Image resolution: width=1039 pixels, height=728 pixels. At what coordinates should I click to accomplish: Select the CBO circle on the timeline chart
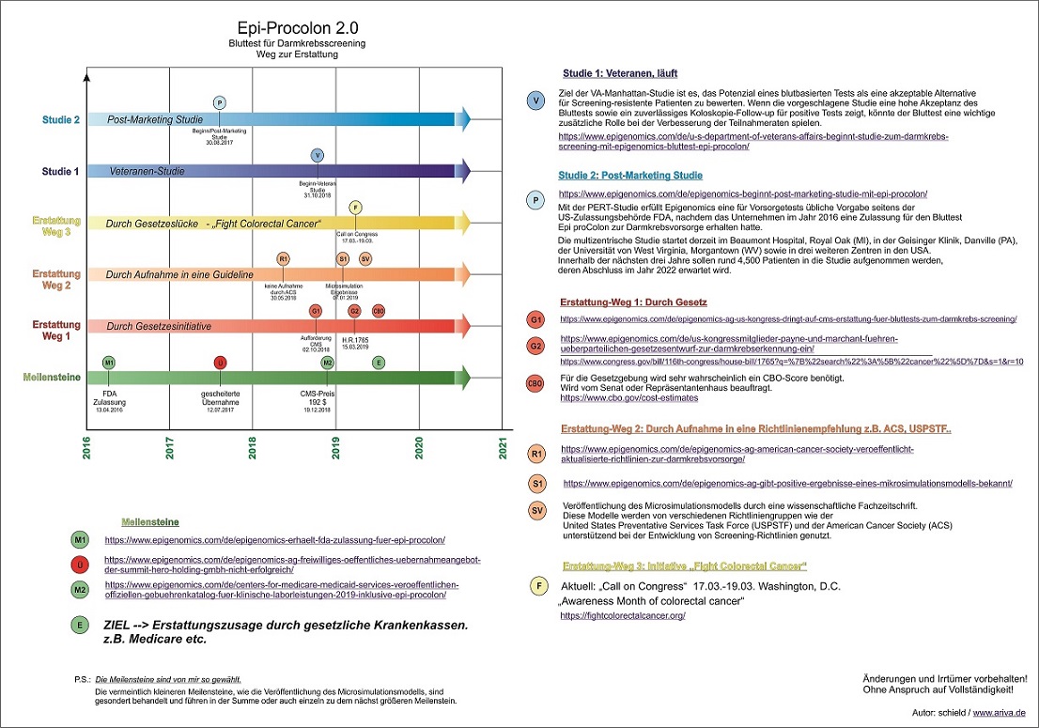pos(379,311)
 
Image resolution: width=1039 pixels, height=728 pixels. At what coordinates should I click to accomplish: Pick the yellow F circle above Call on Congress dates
pos(354,207)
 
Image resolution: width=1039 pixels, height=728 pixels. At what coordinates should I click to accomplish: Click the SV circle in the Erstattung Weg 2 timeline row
pos(365,258)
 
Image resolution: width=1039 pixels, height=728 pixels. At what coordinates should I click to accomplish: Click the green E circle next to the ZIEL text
pos(81,624)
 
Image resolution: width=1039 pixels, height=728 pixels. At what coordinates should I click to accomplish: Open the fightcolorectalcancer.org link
pos(622,615)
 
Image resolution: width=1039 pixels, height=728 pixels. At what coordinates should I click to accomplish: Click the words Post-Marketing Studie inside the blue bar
pos(155,120)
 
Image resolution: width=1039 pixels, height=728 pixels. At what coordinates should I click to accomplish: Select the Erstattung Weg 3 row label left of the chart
pos(55,226)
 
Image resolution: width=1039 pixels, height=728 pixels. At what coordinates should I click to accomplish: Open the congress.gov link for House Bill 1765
pos(791,361)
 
